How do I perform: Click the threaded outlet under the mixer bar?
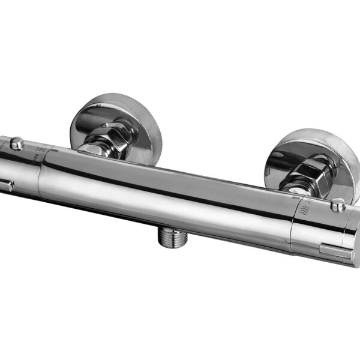point(172,236)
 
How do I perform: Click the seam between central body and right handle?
point(292,231)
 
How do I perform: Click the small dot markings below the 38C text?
point(36,157)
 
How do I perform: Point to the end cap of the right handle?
point(354,240)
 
